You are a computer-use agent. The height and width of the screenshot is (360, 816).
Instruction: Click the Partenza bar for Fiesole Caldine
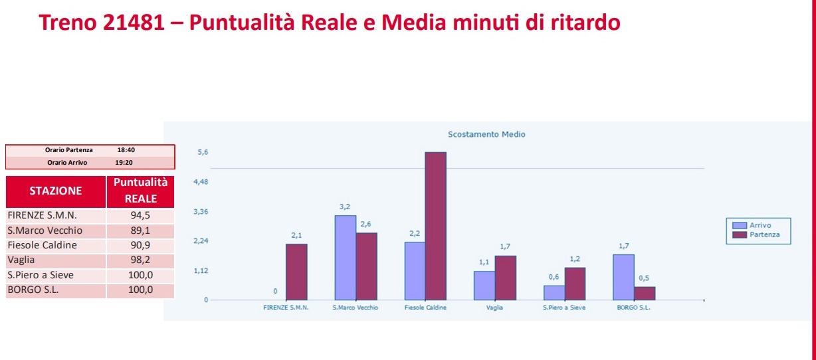click(x=435, y=226)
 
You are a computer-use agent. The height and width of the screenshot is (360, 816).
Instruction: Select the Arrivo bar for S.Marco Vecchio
click(x=345, y=257)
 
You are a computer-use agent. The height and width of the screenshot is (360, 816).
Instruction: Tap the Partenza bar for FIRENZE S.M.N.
click(x=296, y=272)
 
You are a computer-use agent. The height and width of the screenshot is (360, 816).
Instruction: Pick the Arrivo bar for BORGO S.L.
click(x=623, y=277)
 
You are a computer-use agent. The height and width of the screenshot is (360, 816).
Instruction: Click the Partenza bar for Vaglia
click(x=505, y=278)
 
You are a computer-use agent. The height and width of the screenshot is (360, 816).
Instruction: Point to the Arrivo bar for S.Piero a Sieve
click(x=554, y=292)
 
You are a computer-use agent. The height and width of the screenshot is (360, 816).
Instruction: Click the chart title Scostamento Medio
click(x=486, y=134)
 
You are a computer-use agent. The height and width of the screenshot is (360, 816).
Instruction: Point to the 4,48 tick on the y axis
click(x=200, y=182)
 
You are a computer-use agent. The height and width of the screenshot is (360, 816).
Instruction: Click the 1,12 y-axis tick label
click(x=200, y=271)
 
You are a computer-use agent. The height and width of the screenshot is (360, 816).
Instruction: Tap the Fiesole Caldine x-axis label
click(x=425, y=309)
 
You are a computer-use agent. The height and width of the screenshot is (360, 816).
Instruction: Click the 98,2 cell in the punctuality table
click(x=140, y=260)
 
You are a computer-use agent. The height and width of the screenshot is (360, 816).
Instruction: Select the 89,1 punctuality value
click(x=140, y=231)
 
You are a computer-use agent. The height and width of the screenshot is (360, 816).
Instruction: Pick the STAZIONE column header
click(x=56, y=191)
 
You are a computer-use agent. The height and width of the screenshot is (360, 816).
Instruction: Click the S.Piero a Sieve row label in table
click(x=41, y=275)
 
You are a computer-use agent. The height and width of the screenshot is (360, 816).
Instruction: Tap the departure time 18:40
click(x=126, y=150)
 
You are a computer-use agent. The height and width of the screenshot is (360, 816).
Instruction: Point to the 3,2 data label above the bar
click(x=345, y=207)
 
